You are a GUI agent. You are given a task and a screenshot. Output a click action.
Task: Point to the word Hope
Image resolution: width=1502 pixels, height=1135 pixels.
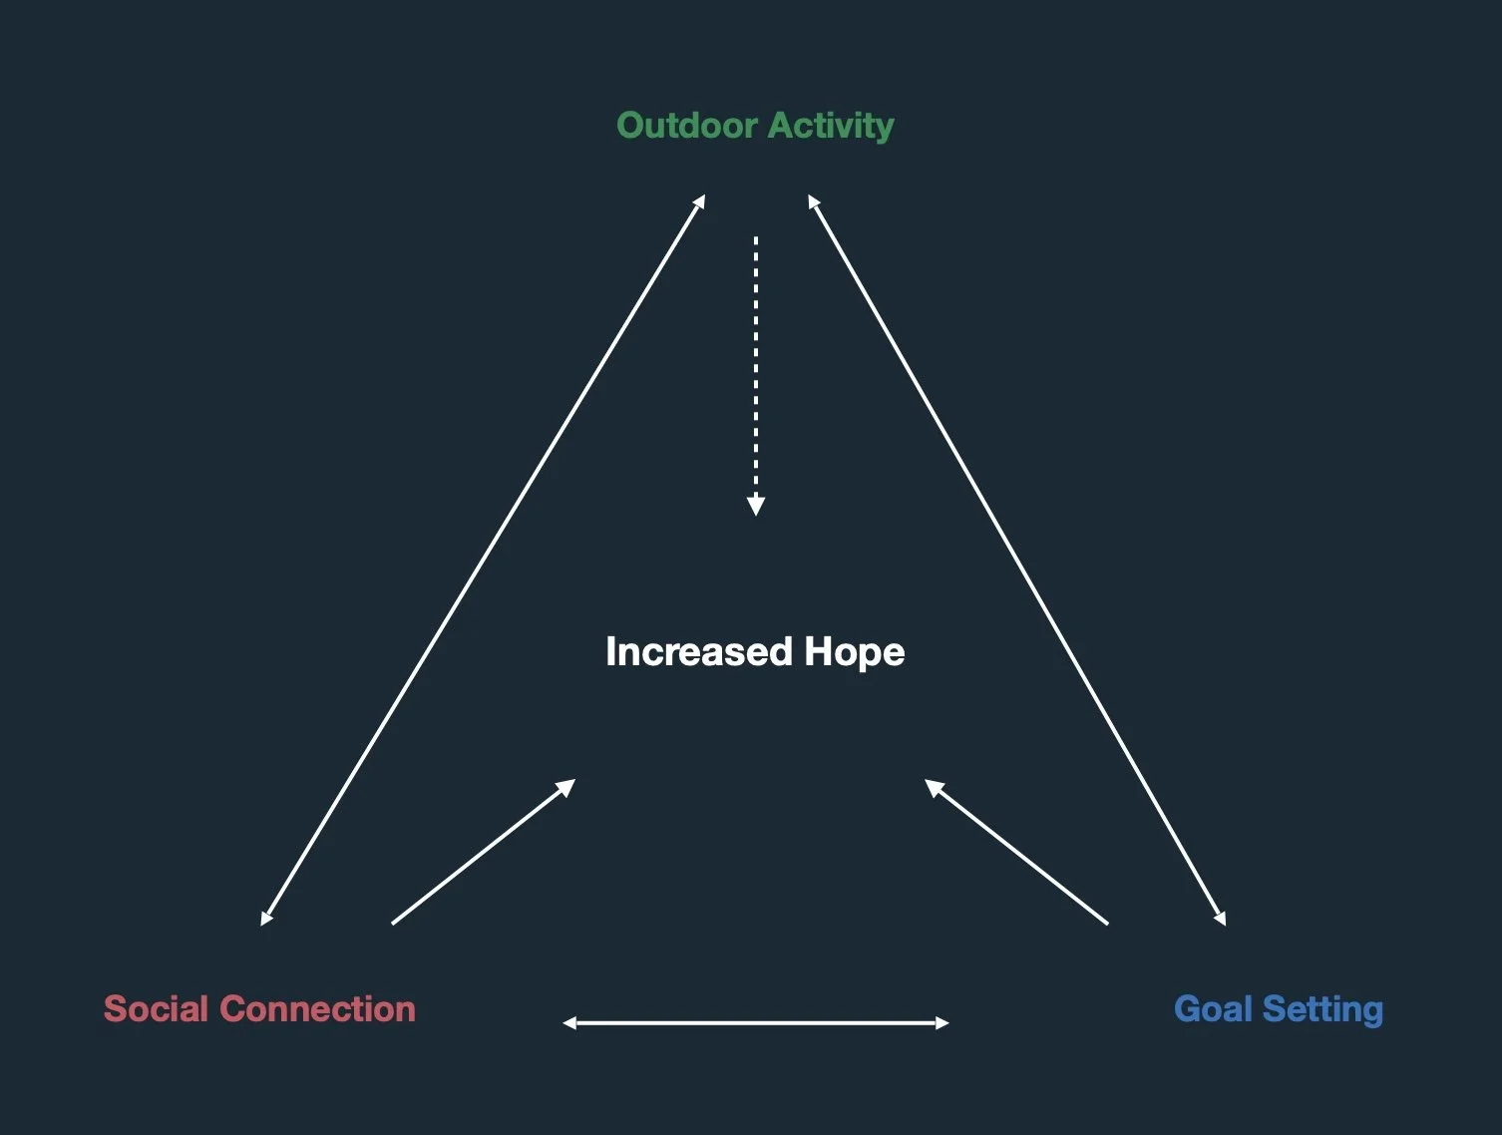(855, 652)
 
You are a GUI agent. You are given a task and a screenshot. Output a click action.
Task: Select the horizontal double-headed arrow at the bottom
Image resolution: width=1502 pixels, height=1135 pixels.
(756, 1022)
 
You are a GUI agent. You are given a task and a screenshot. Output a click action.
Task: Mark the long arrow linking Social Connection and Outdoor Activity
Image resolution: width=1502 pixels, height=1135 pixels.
(484, 560)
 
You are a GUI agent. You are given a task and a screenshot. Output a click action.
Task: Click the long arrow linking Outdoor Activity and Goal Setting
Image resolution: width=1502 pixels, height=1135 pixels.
(1016, 560)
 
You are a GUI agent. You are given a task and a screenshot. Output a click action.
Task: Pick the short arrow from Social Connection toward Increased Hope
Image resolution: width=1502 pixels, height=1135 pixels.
(483, 852)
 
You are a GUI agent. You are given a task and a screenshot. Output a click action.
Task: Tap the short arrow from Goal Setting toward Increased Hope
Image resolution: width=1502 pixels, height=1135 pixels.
(1016, 852)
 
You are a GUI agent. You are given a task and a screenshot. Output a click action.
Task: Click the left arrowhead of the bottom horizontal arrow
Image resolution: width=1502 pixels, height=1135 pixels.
(569, 1022)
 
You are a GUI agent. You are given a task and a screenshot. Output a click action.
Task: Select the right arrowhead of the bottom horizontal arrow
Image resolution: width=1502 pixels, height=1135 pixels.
(942, 1022)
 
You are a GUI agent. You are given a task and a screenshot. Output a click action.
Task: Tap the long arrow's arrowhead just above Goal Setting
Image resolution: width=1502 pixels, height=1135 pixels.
(1221, 918)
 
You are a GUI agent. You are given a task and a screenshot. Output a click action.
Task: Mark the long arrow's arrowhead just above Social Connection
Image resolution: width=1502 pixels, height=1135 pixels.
(265, 918)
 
